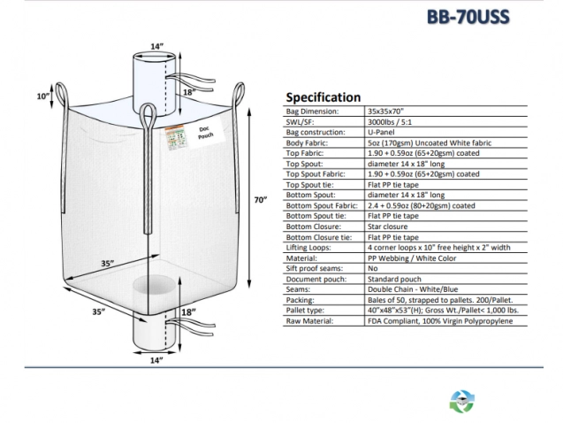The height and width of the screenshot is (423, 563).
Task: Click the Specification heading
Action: click(x=323, y=97)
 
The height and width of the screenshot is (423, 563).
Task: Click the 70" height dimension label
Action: click(x=260, y=201)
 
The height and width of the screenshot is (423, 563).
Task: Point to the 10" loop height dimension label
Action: click(x=42, y=96)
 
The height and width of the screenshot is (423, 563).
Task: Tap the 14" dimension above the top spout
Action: click(x=157, y=46)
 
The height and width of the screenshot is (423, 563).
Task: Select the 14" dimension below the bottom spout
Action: click(x=156, y=360)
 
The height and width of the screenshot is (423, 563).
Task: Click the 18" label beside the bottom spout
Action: click(x=189, y=312)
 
